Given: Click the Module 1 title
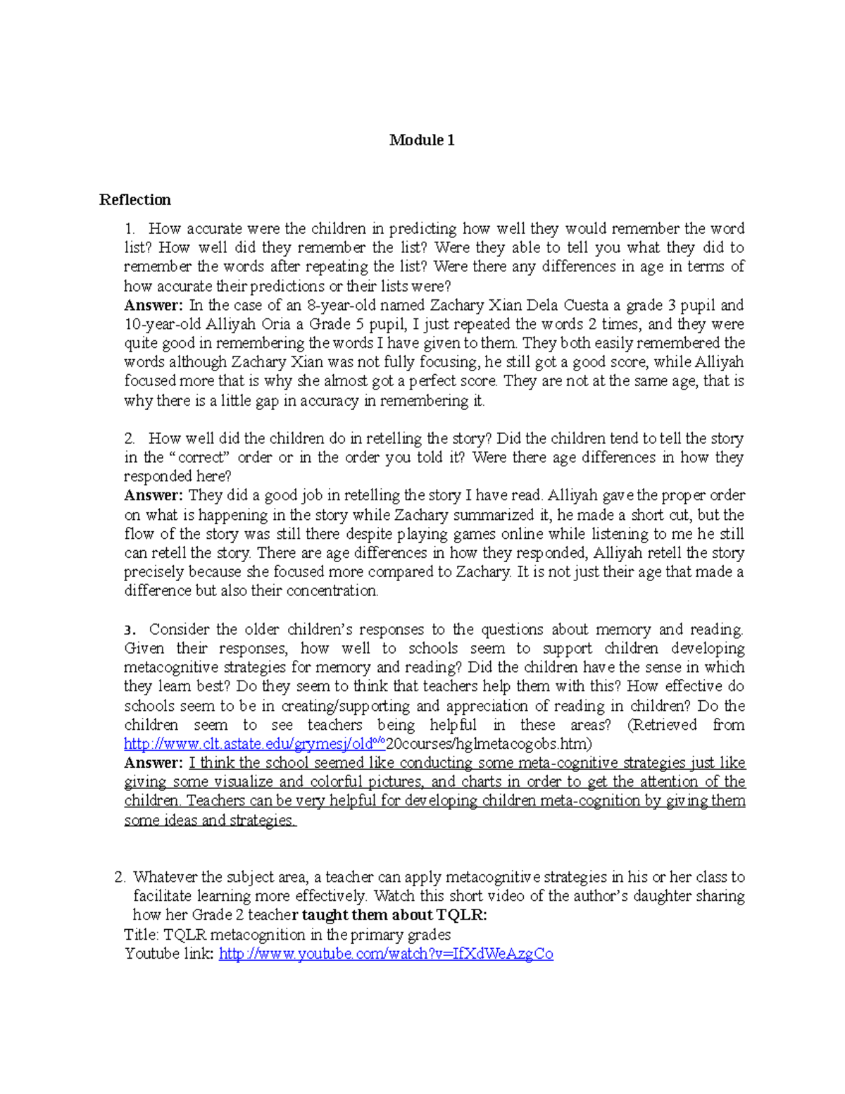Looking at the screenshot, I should click(x=422, y=140).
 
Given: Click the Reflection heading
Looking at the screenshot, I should click(x=134, y=200).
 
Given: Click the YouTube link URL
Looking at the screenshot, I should click(x=386, y=954).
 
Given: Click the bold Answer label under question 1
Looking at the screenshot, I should click(x=153, y=306).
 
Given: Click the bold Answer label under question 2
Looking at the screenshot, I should click(x=153, y=496).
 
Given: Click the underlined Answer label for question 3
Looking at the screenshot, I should click(x=153, y=763).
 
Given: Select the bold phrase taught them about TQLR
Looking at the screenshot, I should click(x=394, y=915).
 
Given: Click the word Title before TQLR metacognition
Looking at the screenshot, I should click(x=141, y=935).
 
